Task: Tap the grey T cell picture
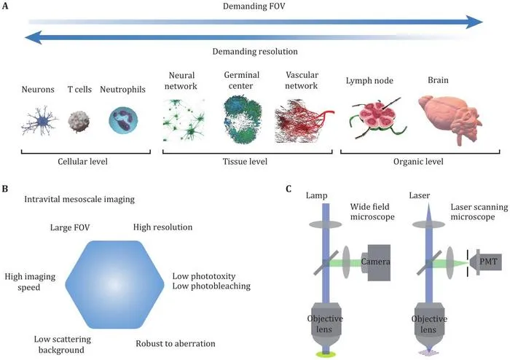(x=79, y=122)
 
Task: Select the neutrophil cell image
(x=123, y=121)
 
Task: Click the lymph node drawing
(x=377, y=118)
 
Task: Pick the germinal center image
(x=243, y=119)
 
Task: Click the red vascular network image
(x=304, y=121)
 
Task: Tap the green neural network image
(x=184, y=120)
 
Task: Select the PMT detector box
(x=485, y=261)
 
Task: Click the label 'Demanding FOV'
(x=254, y=6)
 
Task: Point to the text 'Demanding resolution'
(x=255, y=52)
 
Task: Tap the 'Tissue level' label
(x=245, y=161)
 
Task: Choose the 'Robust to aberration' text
(x=176, y=343)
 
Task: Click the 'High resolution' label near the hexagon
(x=163, y=227)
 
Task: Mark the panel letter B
(x=4, y=189)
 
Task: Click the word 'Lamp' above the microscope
(x=316, y=196)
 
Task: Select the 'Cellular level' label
(x=82, y=161)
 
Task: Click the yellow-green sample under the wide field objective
(x=326, y=354)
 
